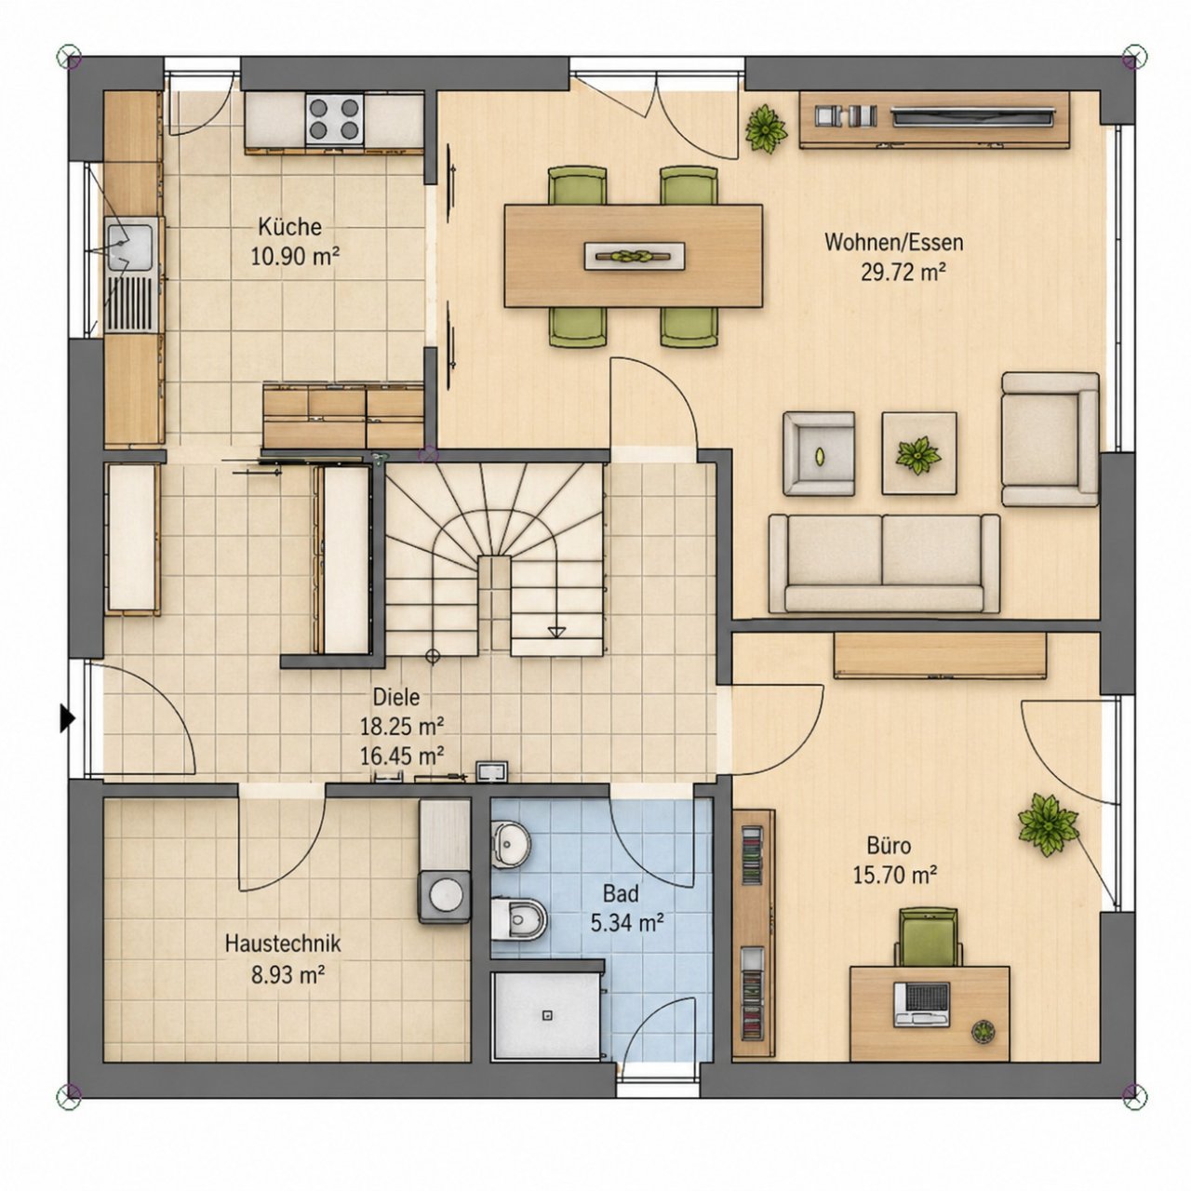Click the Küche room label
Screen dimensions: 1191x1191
(x=289, y=226)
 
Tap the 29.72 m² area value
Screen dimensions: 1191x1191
(x=903, y=271)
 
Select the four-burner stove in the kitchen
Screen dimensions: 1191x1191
(x=334, y=119)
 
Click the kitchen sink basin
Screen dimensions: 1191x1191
(x=129, y=247)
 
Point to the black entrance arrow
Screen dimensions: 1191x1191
(x=67, y=719)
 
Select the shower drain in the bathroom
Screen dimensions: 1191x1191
(x=547, y=1015)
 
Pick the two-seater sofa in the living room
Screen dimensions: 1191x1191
(x=884, y=563)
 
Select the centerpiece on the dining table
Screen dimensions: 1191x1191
(x=635, y=256)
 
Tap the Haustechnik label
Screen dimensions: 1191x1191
(x=283, y=943)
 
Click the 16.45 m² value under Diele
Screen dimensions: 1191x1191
(x=402, y=755)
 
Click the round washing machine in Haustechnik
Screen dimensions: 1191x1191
(x=445, y=897)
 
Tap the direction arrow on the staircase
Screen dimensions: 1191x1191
(x=555, y=631)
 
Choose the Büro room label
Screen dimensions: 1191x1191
(x=889, y=844)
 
